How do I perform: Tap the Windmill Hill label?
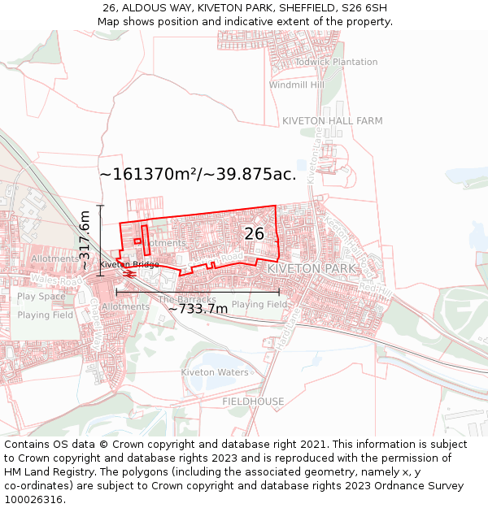[x=296, y=85]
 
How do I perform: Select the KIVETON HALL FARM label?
[x=332, y=121]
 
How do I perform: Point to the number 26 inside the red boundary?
[x=255, y=234]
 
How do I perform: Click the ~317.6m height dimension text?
[x=84, y=240]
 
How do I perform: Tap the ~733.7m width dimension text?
[x=198, y=309]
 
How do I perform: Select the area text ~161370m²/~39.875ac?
[x=198, y=174]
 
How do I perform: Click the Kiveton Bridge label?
[x=129, y=265]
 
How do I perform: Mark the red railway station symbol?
[x=130, y=274]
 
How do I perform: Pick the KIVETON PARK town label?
[x=312, y=268]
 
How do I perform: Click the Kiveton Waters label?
[x=215, y=372]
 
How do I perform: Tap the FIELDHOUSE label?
[x=253, y=402]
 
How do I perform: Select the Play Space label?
[x=41, y=297]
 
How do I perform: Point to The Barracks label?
[x=187, y=299]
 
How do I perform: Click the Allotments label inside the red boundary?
[x=165, y=243]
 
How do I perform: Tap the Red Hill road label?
[x=375, y=289]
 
